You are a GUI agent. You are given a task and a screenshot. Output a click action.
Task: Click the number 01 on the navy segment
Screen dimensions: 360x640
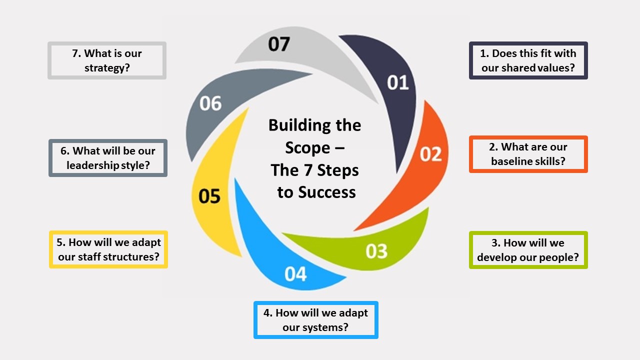tap(398, 82)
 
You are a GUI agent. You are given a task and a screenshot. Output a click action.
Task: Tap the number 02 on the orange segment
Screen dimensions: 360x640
tap(430, 154)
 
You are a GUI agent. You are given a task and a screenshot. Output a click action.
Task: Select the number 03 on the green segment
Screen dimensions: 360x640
tap(376, 251)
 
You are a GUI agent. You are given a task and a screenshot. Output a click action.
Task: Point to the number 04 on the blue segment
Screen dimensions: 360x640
tap(295, 274)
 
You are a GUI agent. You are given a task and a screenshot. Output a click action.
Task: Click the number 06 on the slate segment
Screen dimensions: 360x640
tap(210, 103)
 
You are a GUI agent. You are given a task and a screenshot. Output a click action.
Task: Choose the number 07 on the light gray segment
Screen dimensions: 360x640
tap(278, 44)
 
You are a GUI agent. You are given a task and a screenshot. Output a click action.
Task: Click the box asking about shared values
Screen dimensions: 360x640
tap(528, 60)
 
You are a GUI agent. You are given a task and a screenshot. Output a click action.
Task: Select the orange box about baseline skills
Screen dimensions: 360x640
tap(528, 154)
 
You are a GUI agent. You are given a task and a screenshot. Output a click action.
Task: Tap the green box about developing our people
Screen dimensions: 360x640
tap(528, 250)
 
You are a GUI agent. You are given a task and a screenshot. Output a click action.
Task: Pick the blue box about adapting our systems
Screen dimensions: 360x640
tap(315, 320)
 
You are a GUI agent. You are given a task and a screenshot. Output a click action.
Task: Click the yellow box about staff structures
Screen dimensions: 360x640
tap(108, 249)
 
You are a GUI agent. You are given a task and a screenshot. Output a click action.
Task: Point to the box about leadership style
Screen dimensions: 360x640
tap(108, 158)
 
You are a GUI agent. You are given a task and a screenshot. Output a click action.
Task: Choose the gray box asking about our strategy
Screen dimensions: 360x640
tap(107, 60)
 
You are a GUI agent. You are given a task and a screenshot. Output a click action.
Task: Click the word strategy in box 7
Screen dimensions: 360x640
tap(107, 68)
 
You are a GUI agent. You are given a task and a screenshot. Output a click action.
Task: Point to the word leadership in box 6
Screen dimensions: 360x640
tap(92, 165)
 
